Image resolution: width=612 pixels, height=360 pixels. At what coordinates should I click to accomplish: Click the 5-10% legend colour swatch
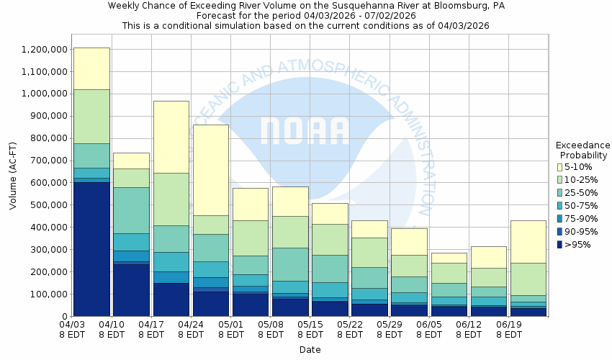pyautogui.click(x=560, y=167)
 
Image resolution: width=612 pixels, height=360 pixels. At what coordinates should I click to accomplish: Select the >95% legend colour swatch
pyautogui.click(x=560, y=245)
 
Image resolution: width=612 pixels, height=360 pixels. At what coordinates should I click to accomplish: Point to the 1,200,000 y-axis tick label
pyautogui.click(x=45, y=50)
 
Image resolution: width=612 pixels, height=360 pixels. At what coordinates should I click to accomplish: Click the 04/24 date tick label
pyautogui.click(x=191, y=325)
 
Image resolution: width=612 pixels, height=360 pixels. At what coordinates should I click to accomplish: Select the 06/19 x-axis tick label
pyautogui.click(x=509, y=325)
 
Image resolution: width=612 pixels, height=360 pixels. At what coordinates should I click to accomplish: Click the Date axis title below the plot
pyautogui.click(x=310, y=350)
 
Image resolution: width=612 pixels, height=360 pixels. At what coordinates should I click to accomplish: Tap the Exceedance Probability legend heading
pyautogui.click(x=583, y=150)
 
